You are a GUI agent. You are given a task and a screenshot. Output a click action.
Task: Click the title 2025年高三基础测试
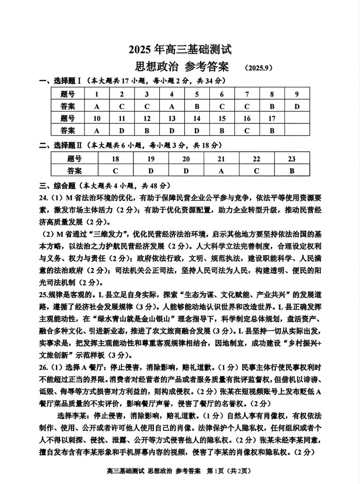tap(180, 49)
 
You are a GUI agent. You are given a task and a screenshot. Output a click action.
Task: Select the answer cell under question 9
tap(297, 106)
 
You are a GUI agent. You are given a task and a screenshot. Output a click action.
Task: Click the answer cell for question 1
tap(97, 106)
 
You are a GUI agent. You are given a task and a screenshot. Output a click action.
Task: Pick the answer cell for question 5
tap(197, 106)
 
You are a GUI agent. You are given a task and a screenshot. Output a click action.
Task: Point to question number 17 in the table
tap(272, 119)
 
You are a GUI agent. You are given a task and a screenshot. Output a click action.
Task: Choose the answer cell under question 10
tap(97, 130)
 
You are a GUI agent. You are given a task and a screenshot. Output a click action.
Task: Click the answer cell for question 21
tap(221, 171)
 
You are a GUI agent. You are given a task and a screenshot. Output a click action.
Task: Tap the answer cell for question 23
tap(291, 171)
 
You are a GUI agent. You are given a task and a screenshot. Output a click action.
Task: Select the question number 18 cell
tap(115, 159)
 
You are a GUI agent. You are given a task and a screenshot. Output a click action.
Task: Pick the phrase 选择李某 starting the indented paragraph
tap(75, 416)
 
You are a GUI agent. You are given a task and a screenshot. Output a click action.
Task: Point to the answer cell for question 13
tap(171, 130)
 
